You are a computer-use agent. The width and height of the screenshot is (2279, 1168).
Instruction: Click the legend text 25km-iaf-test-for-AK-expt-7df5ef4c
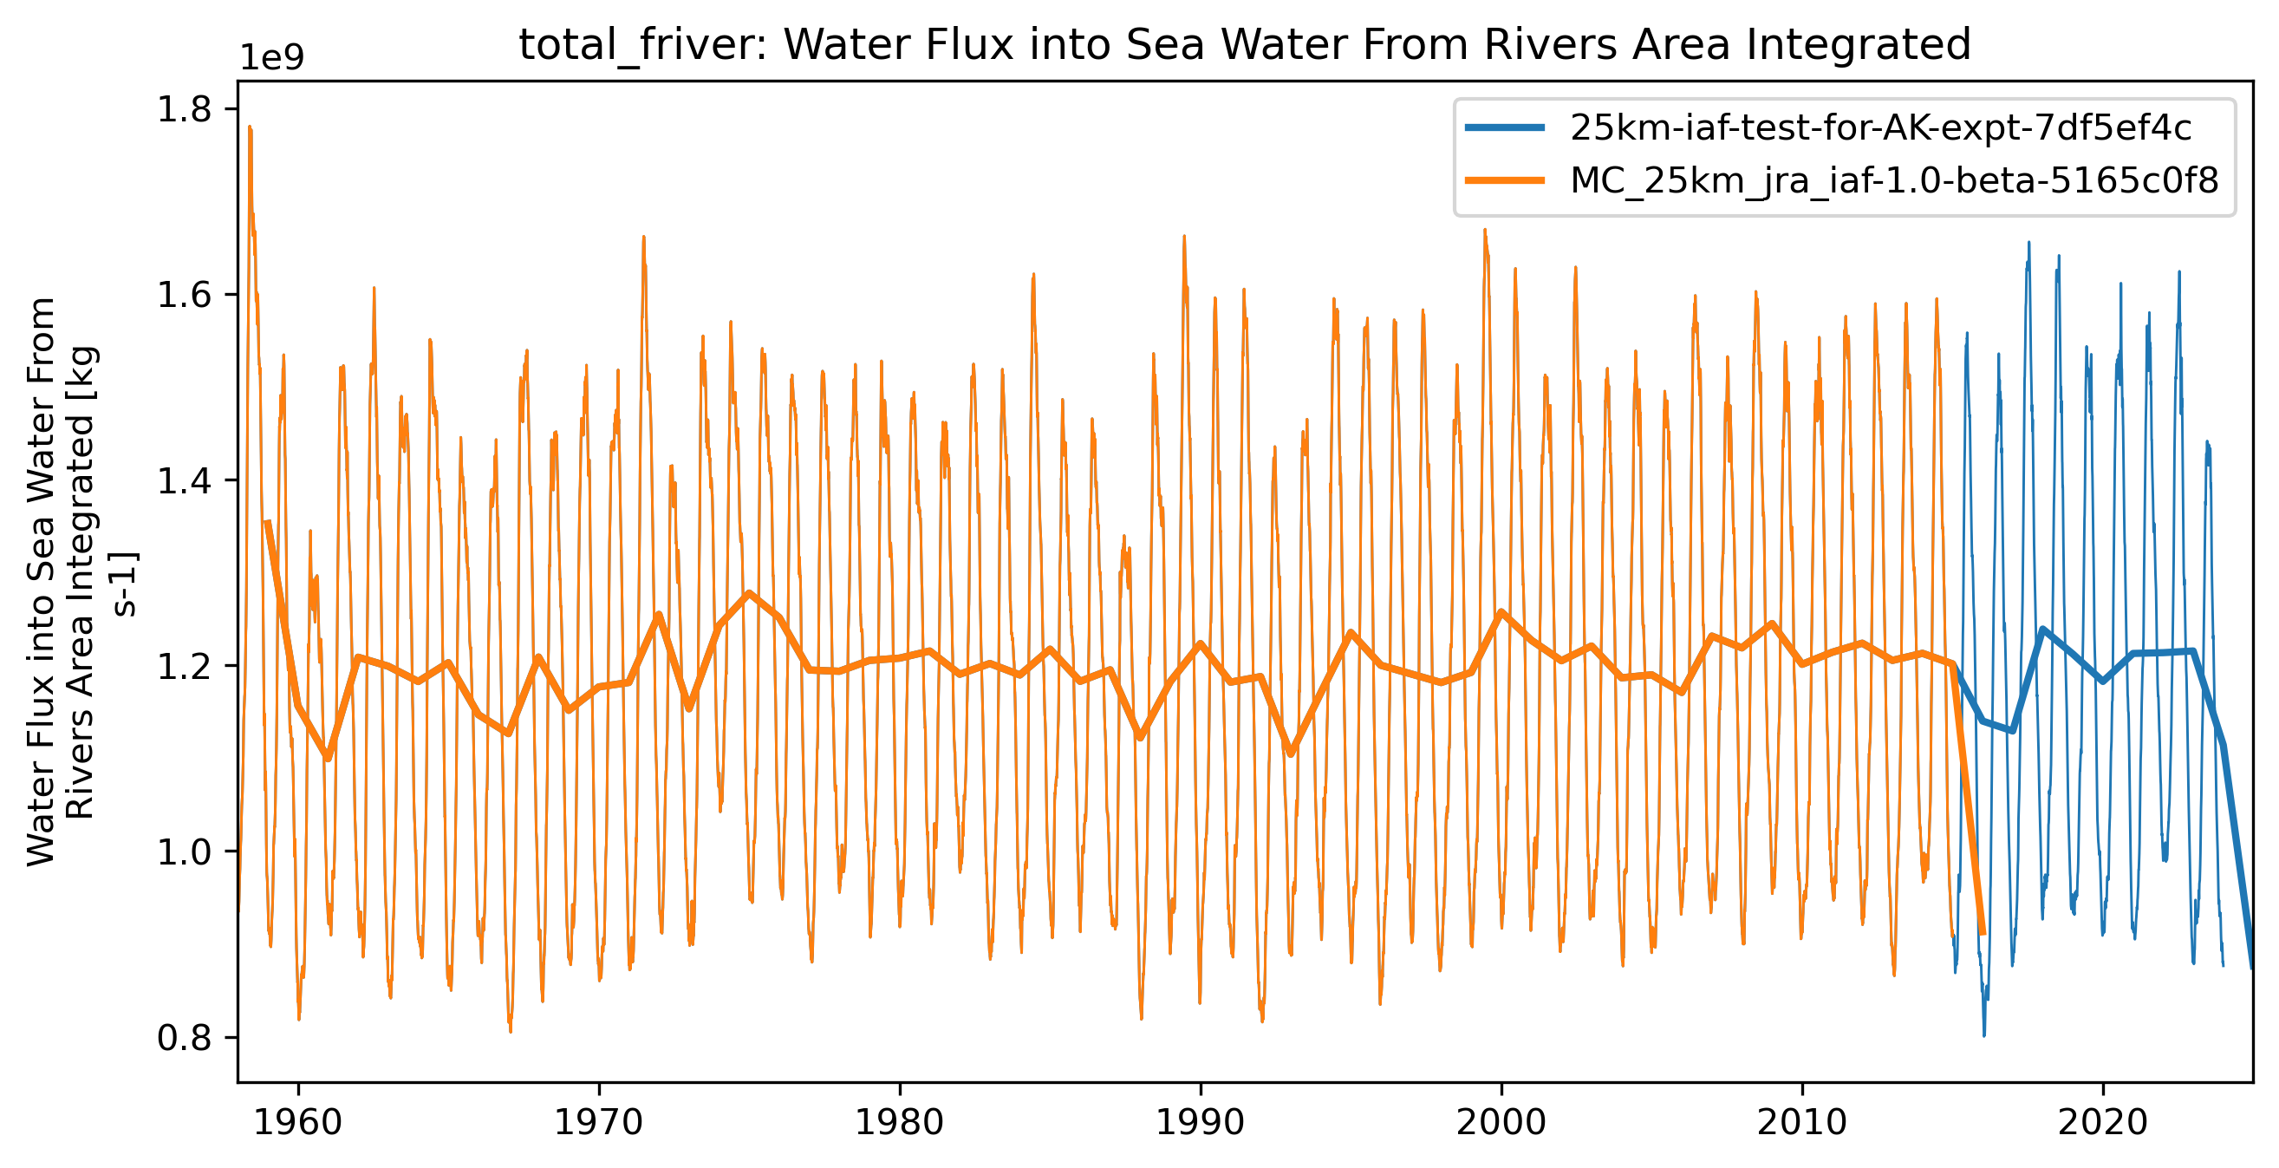[x=1880, y=128]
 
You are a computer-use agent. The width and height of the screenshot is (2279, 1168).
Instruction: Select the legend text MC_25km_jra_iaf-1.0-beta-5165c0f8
[x=1893, y=180]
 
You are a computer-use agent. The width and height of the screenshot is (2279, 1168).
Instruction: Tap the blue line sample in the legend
[x=1505, y=128]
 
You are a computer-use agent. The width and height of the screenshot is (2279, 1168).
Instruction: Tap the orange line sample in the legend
[x=1505, y=180]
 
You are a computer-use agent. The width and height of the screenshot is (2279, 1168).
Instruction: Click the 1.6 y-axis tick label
[x=184, y=295]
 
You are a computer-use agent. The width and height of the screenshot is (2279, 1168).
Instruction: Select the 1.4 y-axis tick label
[x=184, y=480]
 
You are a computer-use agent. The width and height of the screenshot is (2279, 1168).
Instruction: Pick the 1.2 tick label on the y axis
[x=184, y=666]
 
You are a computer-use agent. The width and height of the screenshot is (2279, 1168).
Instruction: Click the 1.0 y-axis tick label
[x=184, y=852]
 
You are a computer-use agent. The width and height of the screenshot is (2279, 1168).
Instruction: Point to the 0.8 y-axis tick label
[x=184, y=1038]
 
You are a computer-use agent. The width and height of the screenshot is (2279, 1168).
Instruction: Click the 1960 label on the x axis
[x=298, y=1123]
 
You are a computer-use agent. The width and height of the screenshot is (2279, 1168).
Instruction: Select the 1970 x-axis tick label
[x=599, y=1123]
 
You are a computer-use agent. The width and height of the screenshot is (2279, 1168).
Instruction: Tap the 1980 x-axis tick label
[x=900, y=1123]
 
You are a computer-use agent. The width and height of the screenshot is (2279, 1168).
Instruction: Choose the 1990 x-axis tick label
[x=1201, y=1123]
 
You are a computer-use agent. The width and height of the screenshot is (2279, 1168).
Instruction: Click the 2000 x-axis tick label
[x=1501, y=1123]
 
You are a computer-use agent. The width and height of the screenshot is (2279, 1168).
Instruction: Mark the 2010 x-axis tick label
[x=1802, y=1123]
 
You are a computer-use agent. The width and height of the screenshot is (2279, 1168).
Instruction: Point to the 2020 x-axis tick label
[x=2103, y=1123]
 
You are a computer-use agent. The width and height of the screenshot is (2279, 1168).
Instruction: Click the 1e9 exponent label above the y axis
[x=272, y=57]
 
